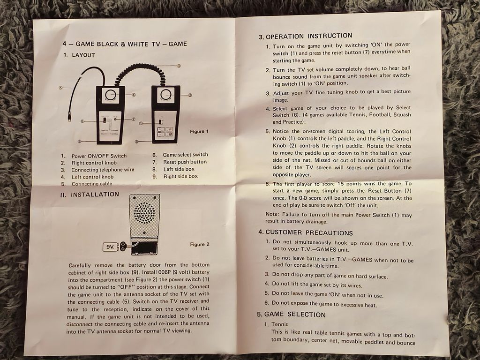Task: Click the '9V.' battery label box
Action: tap(110, 247)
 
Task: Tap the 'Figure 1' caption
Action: tap(199, 131)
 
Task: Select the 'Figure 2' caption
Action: tap(200, 244)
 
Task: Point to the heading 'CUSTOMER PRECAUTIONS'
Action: tap(309, 232)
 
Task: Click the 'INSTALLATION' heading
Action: tap(95, 195)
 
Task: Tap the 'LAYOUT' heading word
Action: tap(83, 55)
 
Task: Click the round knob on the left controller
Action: tap(111, 95)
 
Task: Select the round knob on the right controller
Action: tap(166, 95)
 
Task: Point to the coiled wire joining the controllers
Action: tap(139, 72)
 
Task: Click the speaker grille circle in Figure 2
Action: tap(144, 212)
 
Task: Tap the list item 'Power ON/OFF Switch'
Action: tap(99, 156)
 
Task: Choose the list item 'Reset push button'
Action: tap(185, 162)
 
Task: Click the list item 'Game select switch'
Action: tap(185, 155)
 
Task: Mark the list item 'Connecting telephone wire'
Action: tap(103, 170)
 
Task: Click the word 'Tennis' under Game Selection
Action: tap(279, 324)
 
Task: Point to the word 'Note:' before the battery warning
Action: tap(272, 214)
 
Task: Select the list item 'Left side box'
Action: tap(179, 169)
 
